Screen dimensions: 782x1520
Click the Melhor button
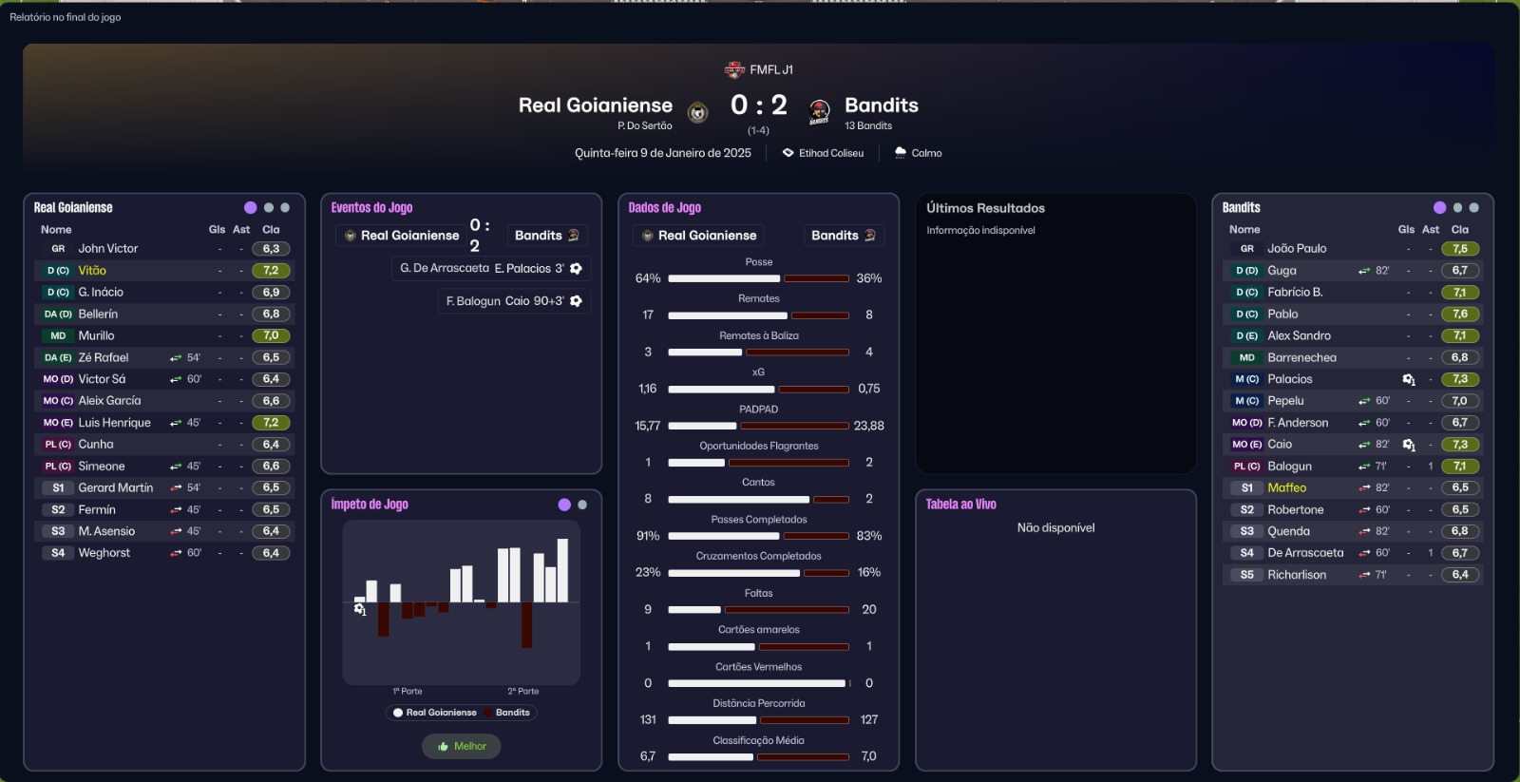[x=462, y=747]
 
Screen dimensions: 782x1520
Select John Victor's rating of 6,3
[x=271, y=249]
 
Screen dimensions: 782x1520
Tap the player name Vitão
[x=92, y=271]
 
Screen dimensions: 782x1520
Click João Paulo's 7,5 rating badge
[x=1460, y=249]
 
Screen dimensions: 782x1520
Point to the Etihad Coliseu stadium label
[x=830, y=153]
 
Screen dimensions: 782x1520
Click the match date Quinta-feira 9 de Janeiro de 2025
[x=662, y=153]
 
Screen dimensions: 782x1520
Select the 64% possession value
[x=648, y=278]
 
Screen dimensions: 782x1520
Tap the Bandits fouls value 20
[x=868, y=610]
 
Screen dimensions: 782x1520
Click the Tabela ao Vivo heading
[x=960, y=505]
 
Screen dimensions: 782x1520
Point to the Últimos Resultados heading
[x=985, y=208]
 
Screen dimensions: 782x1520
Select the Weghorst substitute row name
[x=104, y=553]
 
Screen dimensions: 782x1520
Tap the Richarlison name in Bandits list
[x=1296, y=575]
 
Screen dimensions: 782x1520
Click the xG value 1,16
[x=648, y=389]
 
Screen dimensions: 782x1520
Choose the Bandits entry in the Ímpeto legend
[x=512, y=713]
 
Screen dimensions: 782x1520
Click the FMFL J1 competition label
[x=770, y=70]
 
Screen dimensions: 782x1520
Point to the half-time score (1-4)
[x=758, y=131]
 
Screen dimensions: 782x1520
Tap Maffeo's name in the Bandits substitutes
[x=1286, y=488]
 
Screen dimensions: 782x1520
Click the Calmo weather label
[x=926, y=153]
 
